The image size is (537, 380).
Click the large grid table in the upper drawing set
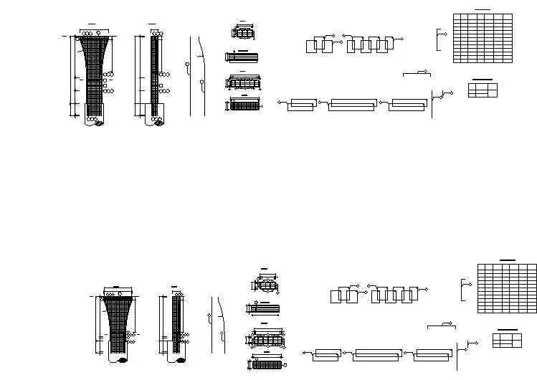pos(483,38)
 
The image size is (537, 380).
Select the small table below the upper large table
pos(483,90)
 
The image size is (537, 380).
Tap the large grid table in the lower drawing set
pos(507,288)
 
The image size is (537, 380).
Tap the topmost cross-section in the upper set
pos(243,33)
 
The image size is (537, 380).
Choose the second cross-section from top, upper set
pos(242,57)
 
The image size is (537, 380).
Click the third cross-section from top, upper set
pos(243,82)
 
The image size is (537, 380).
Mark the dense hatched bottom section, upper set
pos(244,105)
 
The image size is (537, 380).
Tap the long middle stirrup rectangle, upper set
pos(352,105)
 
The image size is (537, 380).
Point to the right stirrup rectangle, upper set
pos(408,105)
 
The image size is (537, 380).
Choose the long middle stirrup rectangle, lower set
pos(378,356)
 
